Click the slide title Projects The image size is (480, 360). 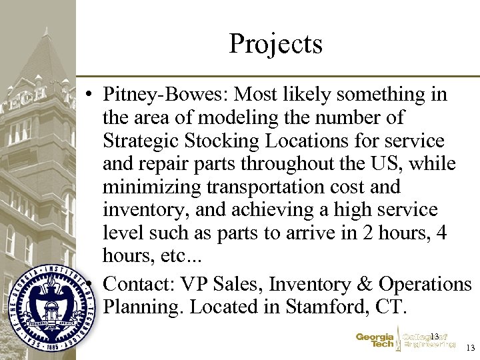(x=275, y=44)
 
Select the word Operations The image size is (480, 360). (x=425, y=284)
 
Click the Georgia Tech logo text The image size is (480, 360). (x=375, y=341)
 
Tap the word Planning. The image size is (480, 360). (x=144, y=307)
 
